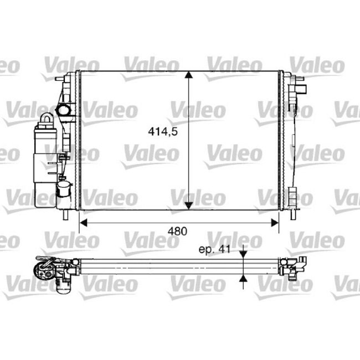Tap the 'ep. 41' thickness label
pyautogui.click(x=214, y=249)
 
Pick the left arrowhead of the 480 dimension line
pyautogui.click(x=84, y=223)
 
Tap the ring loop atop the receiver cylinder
pyautogui.click(x=47, y=119)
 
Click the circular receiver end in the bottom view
pyautogui.click(x=43, y=270)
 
